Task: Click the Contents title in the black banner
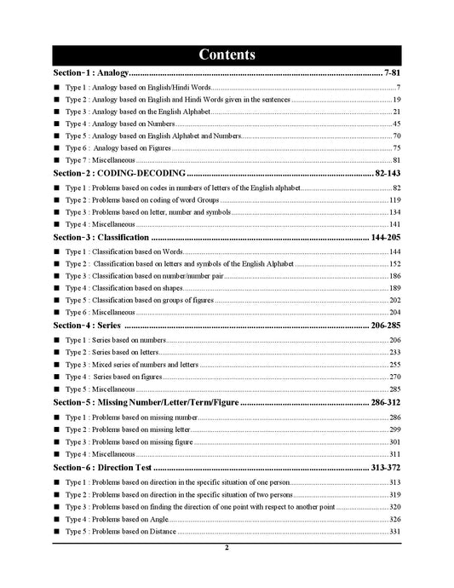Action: click(x=227, y=55)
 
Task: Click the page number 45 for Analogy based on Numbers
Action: click(x=396, y=124)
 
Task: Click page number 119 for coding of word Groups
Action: click(x=394, y=199)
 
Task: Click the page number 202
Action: click(x=394, y=300)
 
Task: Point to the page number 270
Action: click(x=394, y=376)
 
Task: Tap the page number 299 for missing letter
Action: click(x=394, y=429)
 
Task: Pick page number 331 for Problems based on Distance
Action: click(x=394, y=532)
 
